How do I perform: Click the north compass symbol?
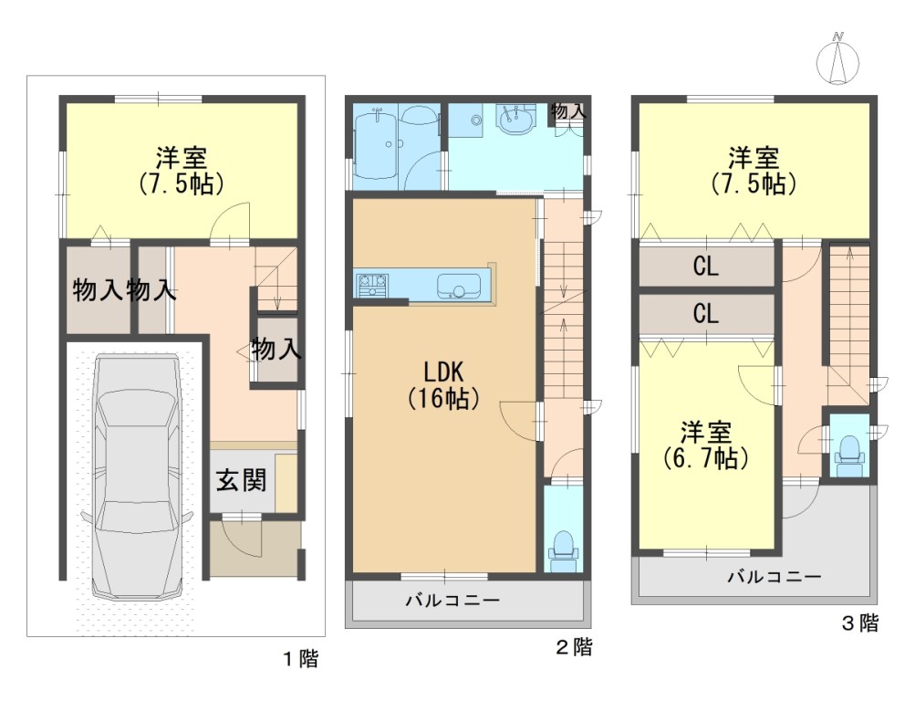pyautogui.click(x=838, y=59)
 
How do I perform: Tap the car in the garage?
pyautogui.click(x=137, y=476)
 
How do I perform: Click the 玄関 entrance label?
pyautogui.click(x=242, y=480)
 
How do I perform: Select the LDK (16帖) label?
pyautogui.click(x=443, y=384)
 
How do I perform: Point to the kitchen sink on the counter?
pyautogui.click(x=459, y=286)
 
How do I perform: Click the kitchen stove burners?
pyautogui.click(x=373, y=285)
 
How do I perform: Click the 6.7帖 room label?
pyautogui.click(x=706, y=445)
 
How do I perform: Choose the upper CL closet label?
pyautogui.click(x=705, y=267)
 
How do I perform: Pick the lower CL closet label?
pyautogui.click(x=705, y=313)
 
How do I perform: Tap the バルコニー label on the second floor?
pyautogui.click(x=452, y=600)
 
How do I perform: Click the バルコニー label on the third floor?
pyautogui.click(x=775, y=577)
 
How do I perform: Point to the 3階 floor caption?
pyautogui.click(x=860, y=623)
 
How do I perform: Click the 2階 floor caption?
pyautogui.click(x=574, y=647)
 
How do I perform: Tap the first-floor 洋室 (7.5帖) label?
pyautogui.click(x=182, y=171)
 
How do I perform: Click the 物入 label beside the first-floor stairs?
pyautogui.click(x=276, y=350)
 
